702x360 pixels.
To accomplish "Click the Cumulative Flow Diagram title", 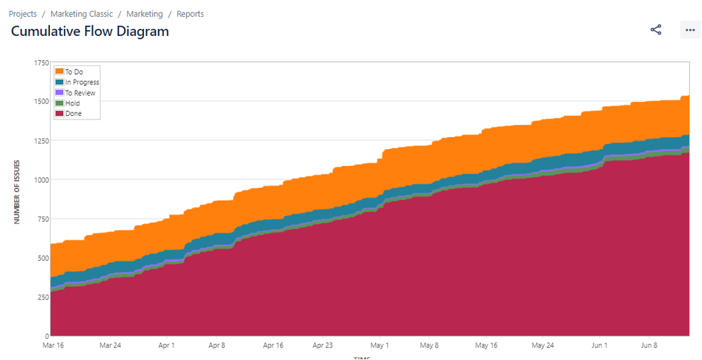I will click(90, 31).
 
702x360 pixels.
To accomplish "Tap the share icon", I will click(656, 30).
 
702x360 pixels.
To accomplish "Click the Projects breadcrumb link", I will click(22, 14).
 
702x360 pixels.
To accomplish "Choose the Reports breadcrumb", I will click(190, 14).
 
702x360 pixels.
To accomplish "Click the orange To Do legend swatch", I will click(60, 72).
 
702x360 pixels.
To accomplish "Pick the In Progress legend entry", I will click(82, 82).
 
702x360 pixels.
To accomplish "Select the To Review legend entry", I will click(79, 93).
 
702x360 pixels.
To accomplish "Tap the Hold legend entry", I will click(72, 103).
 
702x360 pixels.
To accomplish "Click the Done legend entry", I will click(73, 114).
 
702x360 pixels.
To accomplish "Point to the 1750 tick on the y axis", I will click(41, 63).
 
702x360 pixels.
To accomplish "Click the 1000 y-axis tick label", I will click(41, 180).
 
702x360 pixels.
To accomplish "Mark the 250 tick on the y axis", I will click(42, 297).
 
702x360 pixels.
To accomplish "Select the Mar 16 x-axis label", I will click(54, 345).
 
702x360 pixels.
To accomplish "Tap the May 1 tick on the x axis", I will click(379, 345).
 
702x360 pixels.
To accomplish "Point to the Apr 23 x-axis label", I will click(322, 345).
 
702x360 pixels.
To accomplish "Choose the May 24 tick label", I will click(542, 345).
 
